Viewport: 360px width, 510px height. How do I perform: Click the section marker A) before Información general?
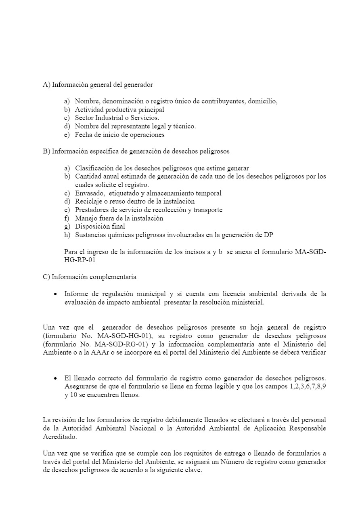click(x=46, y=85)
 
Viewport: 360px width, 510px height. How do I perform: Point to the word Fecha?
click(x=83, y=135)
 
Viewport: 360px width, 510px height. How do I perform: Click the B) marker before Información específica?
click(x=46, y=151)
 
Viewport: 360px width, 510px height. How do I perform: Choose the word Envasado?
click(x=89, y=193)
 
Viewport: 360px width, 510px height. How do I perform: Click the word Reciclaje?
click(x=89, y=201)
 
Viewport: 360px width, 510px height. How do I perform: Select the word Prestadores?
click(x=92, y=210)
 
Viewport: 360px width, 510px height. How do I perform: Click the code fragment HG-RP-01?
click(x=80, y=260)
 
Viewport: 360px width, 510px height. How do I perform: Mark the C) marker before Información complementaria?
click(x=46, y=277)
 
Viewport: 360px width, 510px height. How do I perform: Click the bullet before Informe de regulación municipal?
click(x=55, y=294)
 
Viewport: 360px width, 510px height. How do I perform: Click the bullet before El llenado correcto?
click(x=55, y=378)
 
